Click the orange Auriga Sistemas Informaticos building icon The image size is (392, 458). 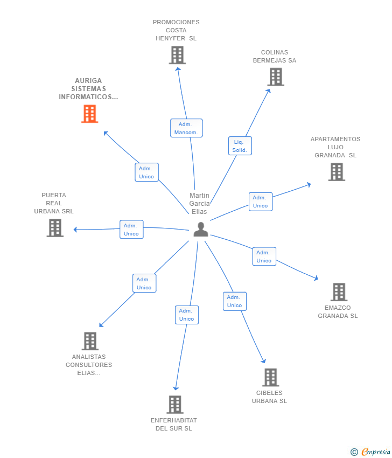(x=90, y=114)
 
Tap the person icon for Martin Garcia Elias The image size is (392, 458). (x=201, y=230)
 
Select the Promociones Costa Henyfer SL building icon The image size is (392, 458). (x=177, y=55)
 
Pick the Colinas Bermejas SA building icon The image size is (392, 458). (x=276, y=77)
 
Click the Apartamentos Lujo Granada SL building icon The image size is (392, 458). (x=337, y=172)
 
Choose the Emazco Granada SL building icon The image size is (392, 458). (x=339, y=292)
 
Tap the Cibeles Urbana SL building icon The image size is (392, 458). (x=270, y=377)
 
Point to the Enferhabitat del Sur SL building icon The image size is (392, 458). (x=175, y=405)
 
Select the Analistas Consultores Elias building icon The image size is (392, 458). (x=90, y=341)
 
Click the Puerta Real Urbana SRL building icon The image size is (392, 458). (x=55, y=228)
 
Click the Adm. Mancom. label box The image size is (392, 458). (x=186, y=128)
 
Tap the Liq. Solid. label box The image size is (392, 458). (x=240, y=146)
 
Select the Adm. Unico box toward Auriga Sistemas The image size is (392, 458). (x=146, y=172)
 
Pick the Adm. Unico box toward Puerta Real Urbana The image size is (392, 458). (x=131, y=230)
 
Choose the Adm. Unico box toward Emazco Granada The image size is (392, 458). (x=264, y=256)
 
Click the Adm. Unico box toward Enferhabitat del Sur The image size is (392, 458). (x=187, y=315)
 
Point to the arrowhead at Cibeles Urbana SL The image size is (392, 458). (x=264, y=362)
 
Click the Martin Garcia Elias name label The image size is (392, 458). (x=199, y=203)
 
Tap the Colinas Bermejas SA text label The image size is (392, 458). (x=275, y=57)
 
